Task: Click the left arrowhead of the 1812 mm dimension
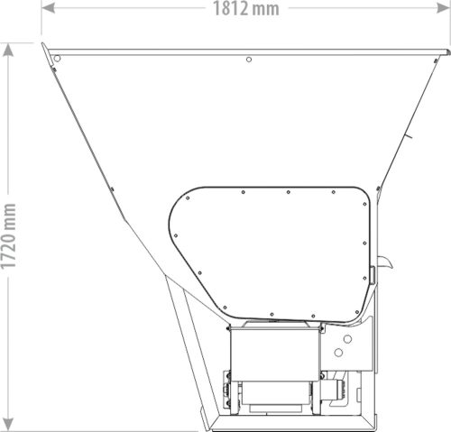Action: pos(44,9)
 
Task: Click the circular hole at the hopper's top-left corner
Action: pos(57,59)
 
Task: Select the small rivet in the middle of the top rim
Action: pos(249,60)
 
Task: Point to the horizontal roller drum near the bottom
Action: pos(275,391)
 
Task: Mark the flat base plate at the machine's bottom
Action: pos(289,421)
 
